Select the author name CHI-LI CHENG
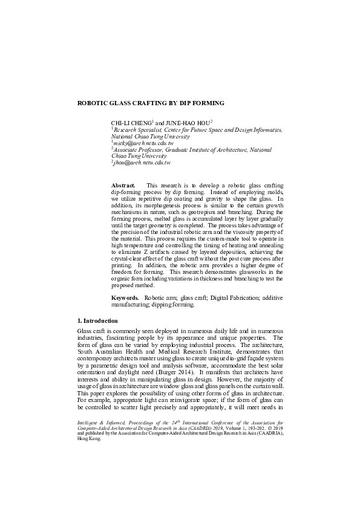click(131, 123)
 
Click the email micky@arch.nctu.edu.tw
click(140, 143)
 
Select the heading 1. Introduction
click(98, 320)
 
